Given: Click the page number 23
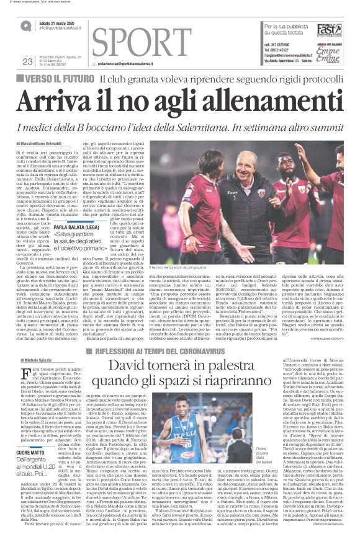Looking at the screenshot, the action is click(27, 61).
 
